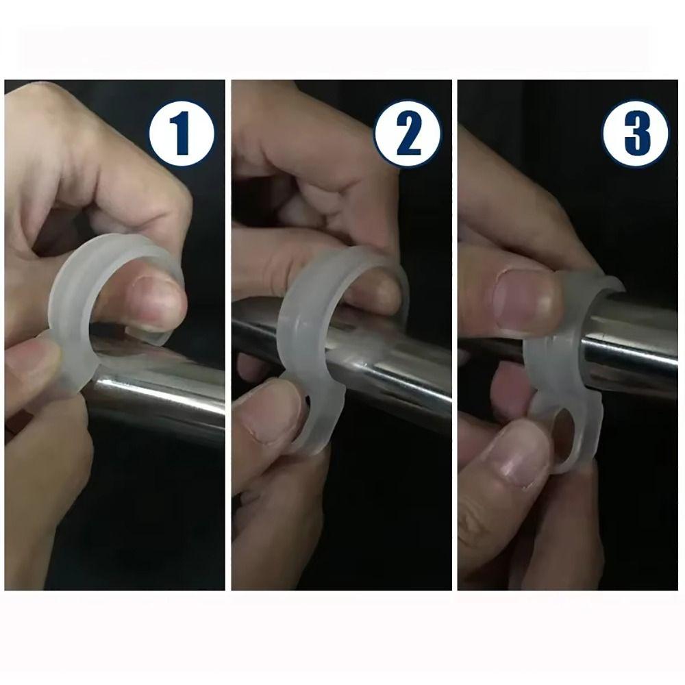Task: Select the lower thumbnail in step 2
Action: [271, 418]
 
